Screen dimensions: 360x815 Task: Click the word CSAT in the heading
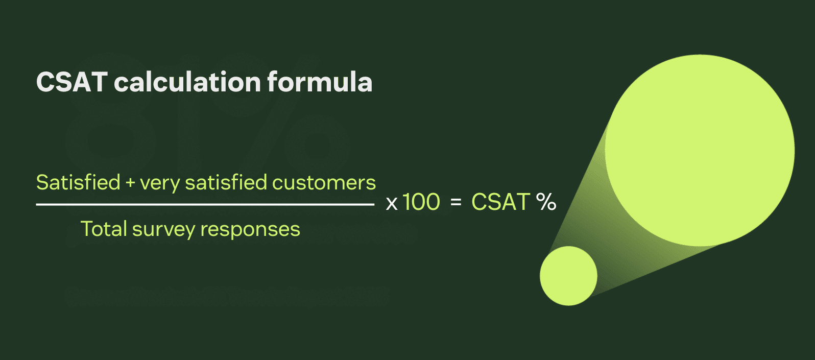[x=72, y=82]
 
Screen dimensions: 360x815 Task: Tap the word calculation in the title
[x=187, y=82]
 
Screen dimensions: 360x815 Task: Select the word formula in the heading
[x=319, y=82]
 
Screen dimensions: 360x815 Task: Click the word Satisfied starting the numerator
[x=78, y=182]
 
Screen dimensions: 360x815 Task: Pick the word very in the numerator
[x=159, y=183]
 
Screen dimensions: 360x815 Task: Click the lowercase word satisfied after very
[x=226, y=182]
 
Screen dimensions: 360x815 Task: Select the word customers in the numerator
[x=324, y=183]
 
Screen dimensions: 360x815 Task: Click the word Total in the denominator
[x=104, y=229]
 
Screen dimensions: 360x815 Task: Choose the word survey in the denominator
[x=163, y=230]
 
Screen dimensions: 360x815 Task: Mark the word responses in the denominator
[x=250, y=230]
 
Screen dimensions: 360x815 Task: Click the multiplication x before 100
[x=392, y=204]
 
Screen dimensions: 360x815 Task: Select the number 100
[x=421, y=202]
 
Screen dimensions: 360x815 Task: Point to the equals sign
[x=456, y=203]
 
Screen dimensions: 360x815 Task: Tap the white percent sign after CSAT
[x=546, y=202]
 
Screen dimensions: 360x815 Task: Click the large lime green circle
[x=700, y=151]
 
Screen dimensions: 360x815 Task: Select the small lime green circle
[x=568, y=276]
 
